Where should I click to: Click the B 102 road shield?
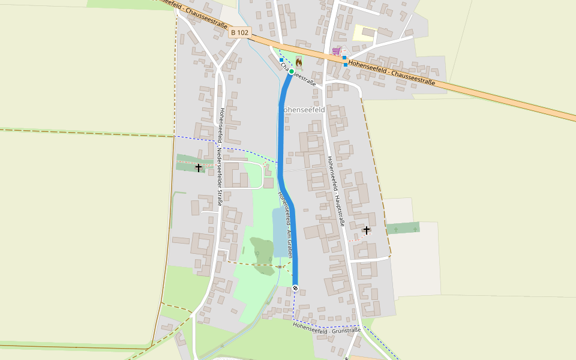click(x=239, y=32)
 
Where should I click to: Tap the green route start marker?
click(x=291, y=71)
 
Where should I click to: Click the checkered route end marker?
click(x=295, y=289)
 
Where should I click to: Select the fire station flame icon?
click(x=299, y=61)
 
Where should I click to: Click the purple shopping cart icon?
click(x=337, y=51)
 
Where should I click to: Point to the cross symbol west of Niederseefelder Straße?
click(x=199, y=167)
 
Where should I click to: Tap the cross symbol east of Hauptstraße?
click(x=367, y=230)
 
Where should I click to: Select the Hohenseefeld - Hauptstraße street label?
click(x=335, y=191)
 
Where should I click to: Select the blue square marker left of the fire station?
click(x=281, y=60)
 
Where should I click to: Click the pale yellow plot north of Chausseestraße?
click(x=363, y=32)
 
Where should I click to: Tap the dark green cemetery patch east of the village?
click(x=403, y=228)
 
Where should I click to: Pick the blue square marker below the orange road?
click(x=345, y=65)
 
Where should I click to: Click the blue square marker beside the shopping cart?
click(x=344, y=57)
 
